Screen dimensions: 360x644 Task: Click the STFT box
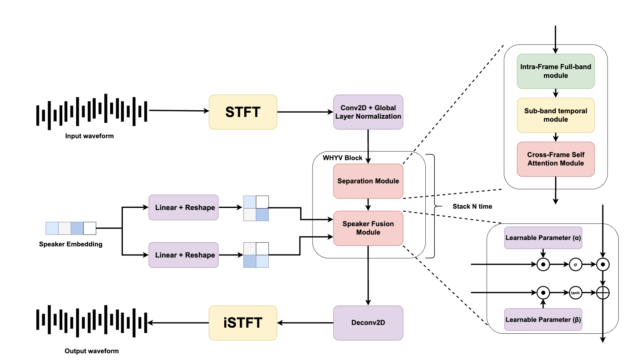243,112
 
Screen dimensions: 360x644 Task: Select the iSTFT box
243,323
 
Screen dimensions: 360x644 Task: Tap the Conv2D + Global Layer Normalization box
368,112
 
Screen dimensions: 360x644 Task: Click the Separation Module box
368,181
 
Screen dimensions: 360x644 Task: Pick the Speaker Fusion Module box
368,228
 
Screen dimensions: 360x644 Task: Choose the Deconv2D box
368,323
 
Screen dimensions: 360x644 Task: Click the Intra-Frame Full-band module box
555,71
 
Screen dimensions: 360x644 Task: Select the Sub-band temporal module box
555,115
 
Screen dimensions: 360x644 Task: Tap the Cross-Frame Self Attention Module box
555,159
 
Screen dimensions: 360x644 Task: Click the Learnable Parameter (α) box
543,238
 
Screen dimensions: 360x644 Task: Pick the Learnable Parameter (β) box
543,320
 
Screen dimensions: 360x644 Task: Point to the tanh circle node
575,293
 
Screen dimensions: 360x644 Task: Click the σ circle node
575,265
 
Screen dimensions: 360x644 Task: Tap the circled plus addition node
603,293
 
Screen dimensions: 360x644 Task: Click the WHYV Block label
342,158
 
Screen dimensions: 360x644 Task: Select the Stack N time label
472,206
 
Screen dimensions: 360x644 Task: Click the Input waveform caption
89,136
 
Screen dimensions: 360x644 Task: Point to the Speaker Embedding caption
70,244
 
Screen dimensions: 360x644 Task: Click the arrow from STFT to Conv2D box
305,112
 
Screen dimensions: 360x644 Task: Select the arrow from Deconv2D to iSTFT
305,323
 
